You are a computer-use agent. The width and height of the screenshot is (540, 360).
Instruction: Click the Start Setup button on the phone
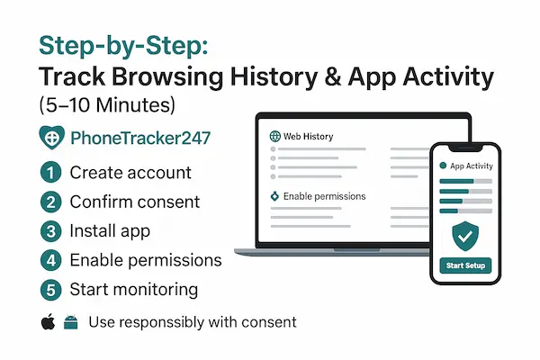(466, 265)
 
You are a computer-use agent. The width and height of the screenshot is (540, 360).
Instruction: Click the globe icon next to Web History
(275, 136)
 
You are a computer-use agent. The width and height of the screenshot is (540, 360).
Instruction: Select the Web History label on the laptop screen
(309, 136)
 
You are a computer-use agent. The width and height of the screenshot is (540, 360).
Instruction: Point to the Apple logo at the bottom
(47, 321)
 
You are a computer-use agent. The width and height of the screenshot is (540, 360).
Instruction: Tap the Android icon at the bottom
(70, 321)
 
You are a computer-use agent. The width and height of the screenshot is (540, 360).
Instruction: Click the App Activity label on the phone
(472, 166)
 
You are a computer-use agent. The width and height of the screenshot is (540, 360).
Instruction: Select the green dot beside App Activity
(442, 166)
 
